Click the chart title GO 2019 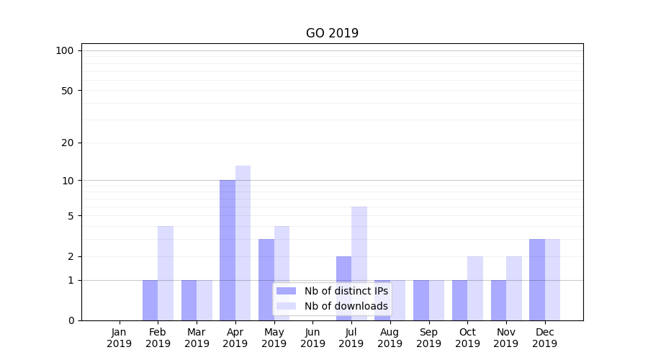pyautogui.click(x=332, y=33)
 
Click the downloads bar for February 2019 pyautogui.click(x=166, y=273)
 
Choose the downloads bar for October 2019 pyautogui.click(x=475, y=288)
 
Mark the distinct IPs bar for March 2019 pyautogui.click(x=189, y=300)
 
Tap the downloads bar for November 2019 pyautogui.click(x=514, y=288)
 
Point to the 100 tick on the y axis pyautogui.click(x=65, y=50)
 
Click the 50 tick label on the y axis pyautogui.click(x=67, y=91)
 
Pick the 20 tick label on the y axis pyautogui.click(x=67, y=143)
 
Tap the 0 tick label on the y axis pyautogui.click(x=71, y=320)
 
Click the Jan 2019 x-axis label pyautogui.click(x=120, y=338)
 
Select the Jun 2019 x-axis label pyautogui.click(x=312, y=338)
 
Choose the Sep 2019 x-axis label pyautogui.click(x=428, y=338)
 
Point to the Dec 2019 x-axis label pyautogui.click(x=544, y=338)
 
